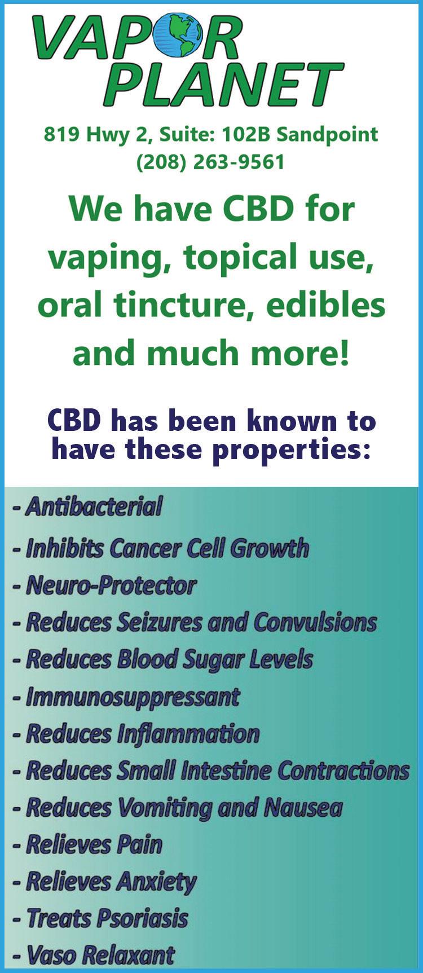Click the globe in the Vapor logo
pos(179,36)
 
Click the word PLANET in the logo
pos(223,85)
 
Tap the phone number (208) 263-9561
pos(210,163)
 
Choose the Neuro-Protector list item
pos(104,585)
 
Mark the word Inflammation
pos(188,734)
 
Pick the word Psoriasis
pos(143,918)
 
